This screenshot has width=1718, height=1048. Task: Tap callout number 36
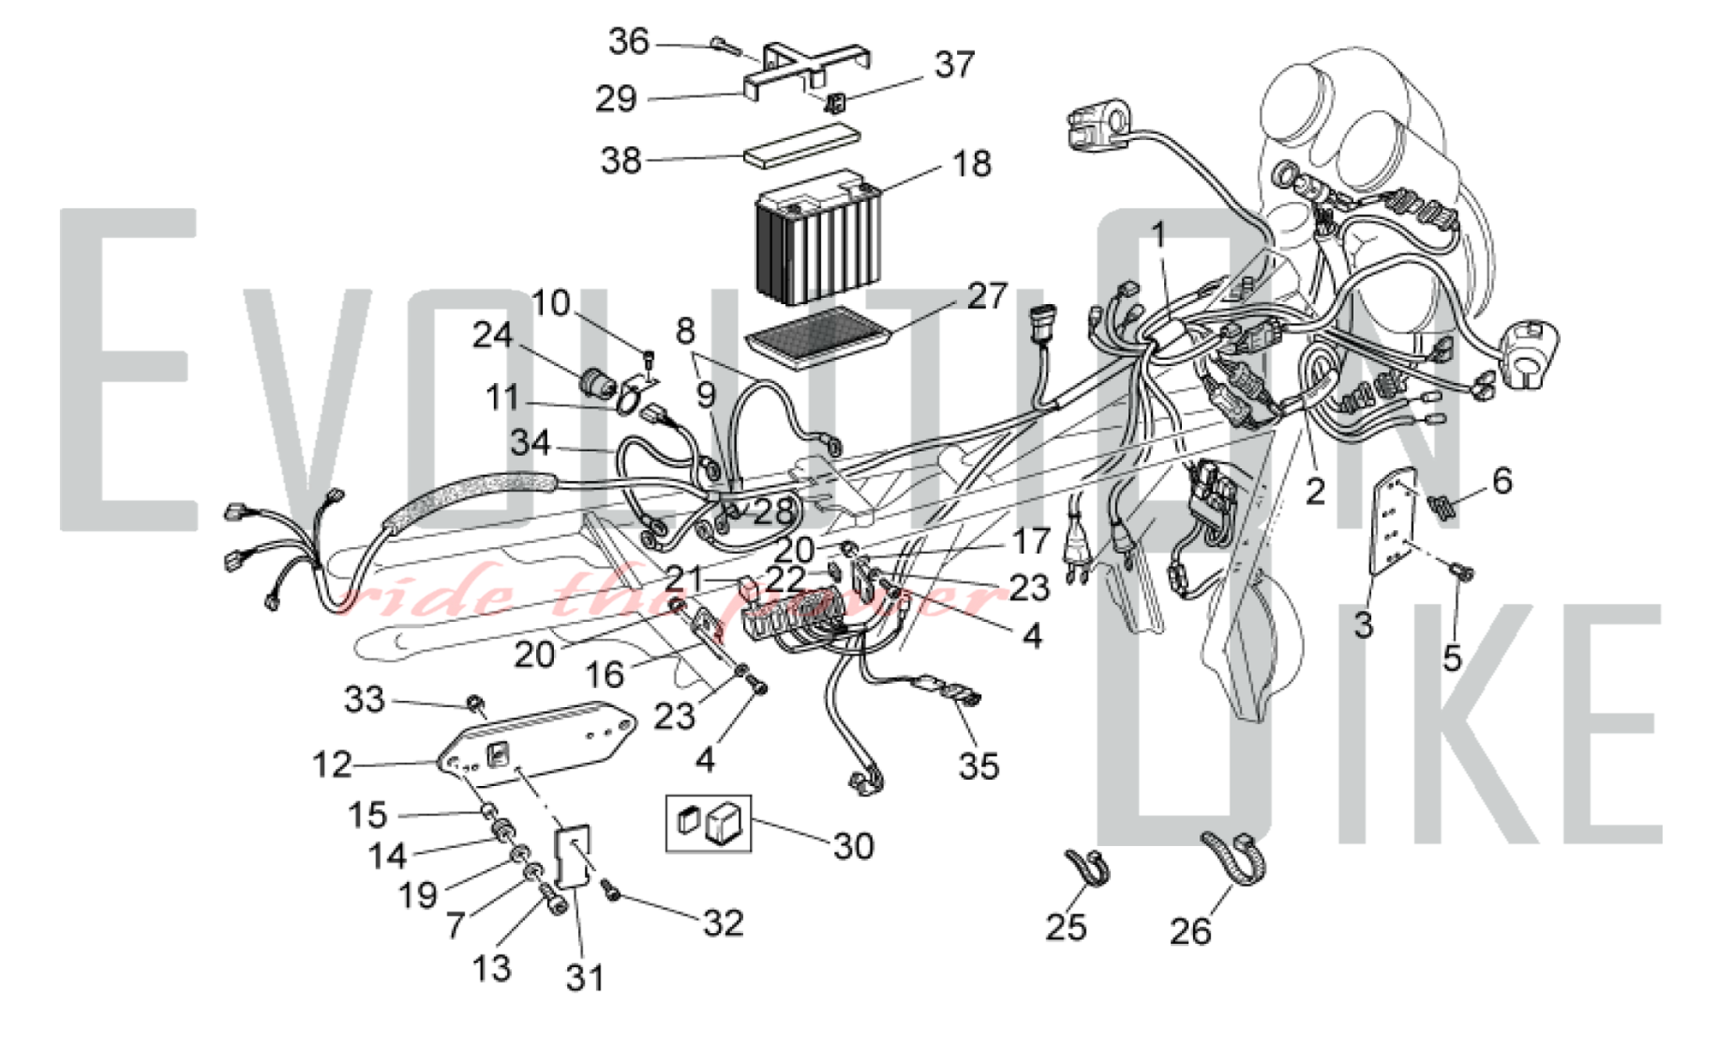(x=629, y=41)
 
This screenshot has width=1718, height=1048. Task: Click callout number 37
(x=954, y=64)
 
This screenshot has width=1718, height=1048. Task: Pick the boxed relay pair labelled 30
(x=709, y=823)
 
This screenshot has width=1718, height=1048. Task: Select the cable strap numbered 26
(x=1234, y=856)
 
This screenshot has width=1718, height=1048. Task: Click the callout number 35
(x=978, y=765)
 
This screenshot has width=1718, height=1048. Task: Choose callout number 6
(x=1502, y=481)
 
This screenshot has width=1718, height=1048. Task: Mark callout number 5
(x=1452, y=658)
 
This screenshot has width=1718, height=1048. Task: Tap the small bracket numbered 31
(x=574, y=856)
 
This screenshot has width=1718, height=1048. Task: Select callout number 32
(x=722, y=923)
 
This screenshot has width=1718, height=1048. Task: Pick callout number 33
(x=363, y=699)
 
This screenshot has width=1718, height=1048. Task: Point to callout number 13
(x=491, y=968)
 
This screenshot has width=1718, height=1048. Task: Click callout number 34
(x=530, y=443)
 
